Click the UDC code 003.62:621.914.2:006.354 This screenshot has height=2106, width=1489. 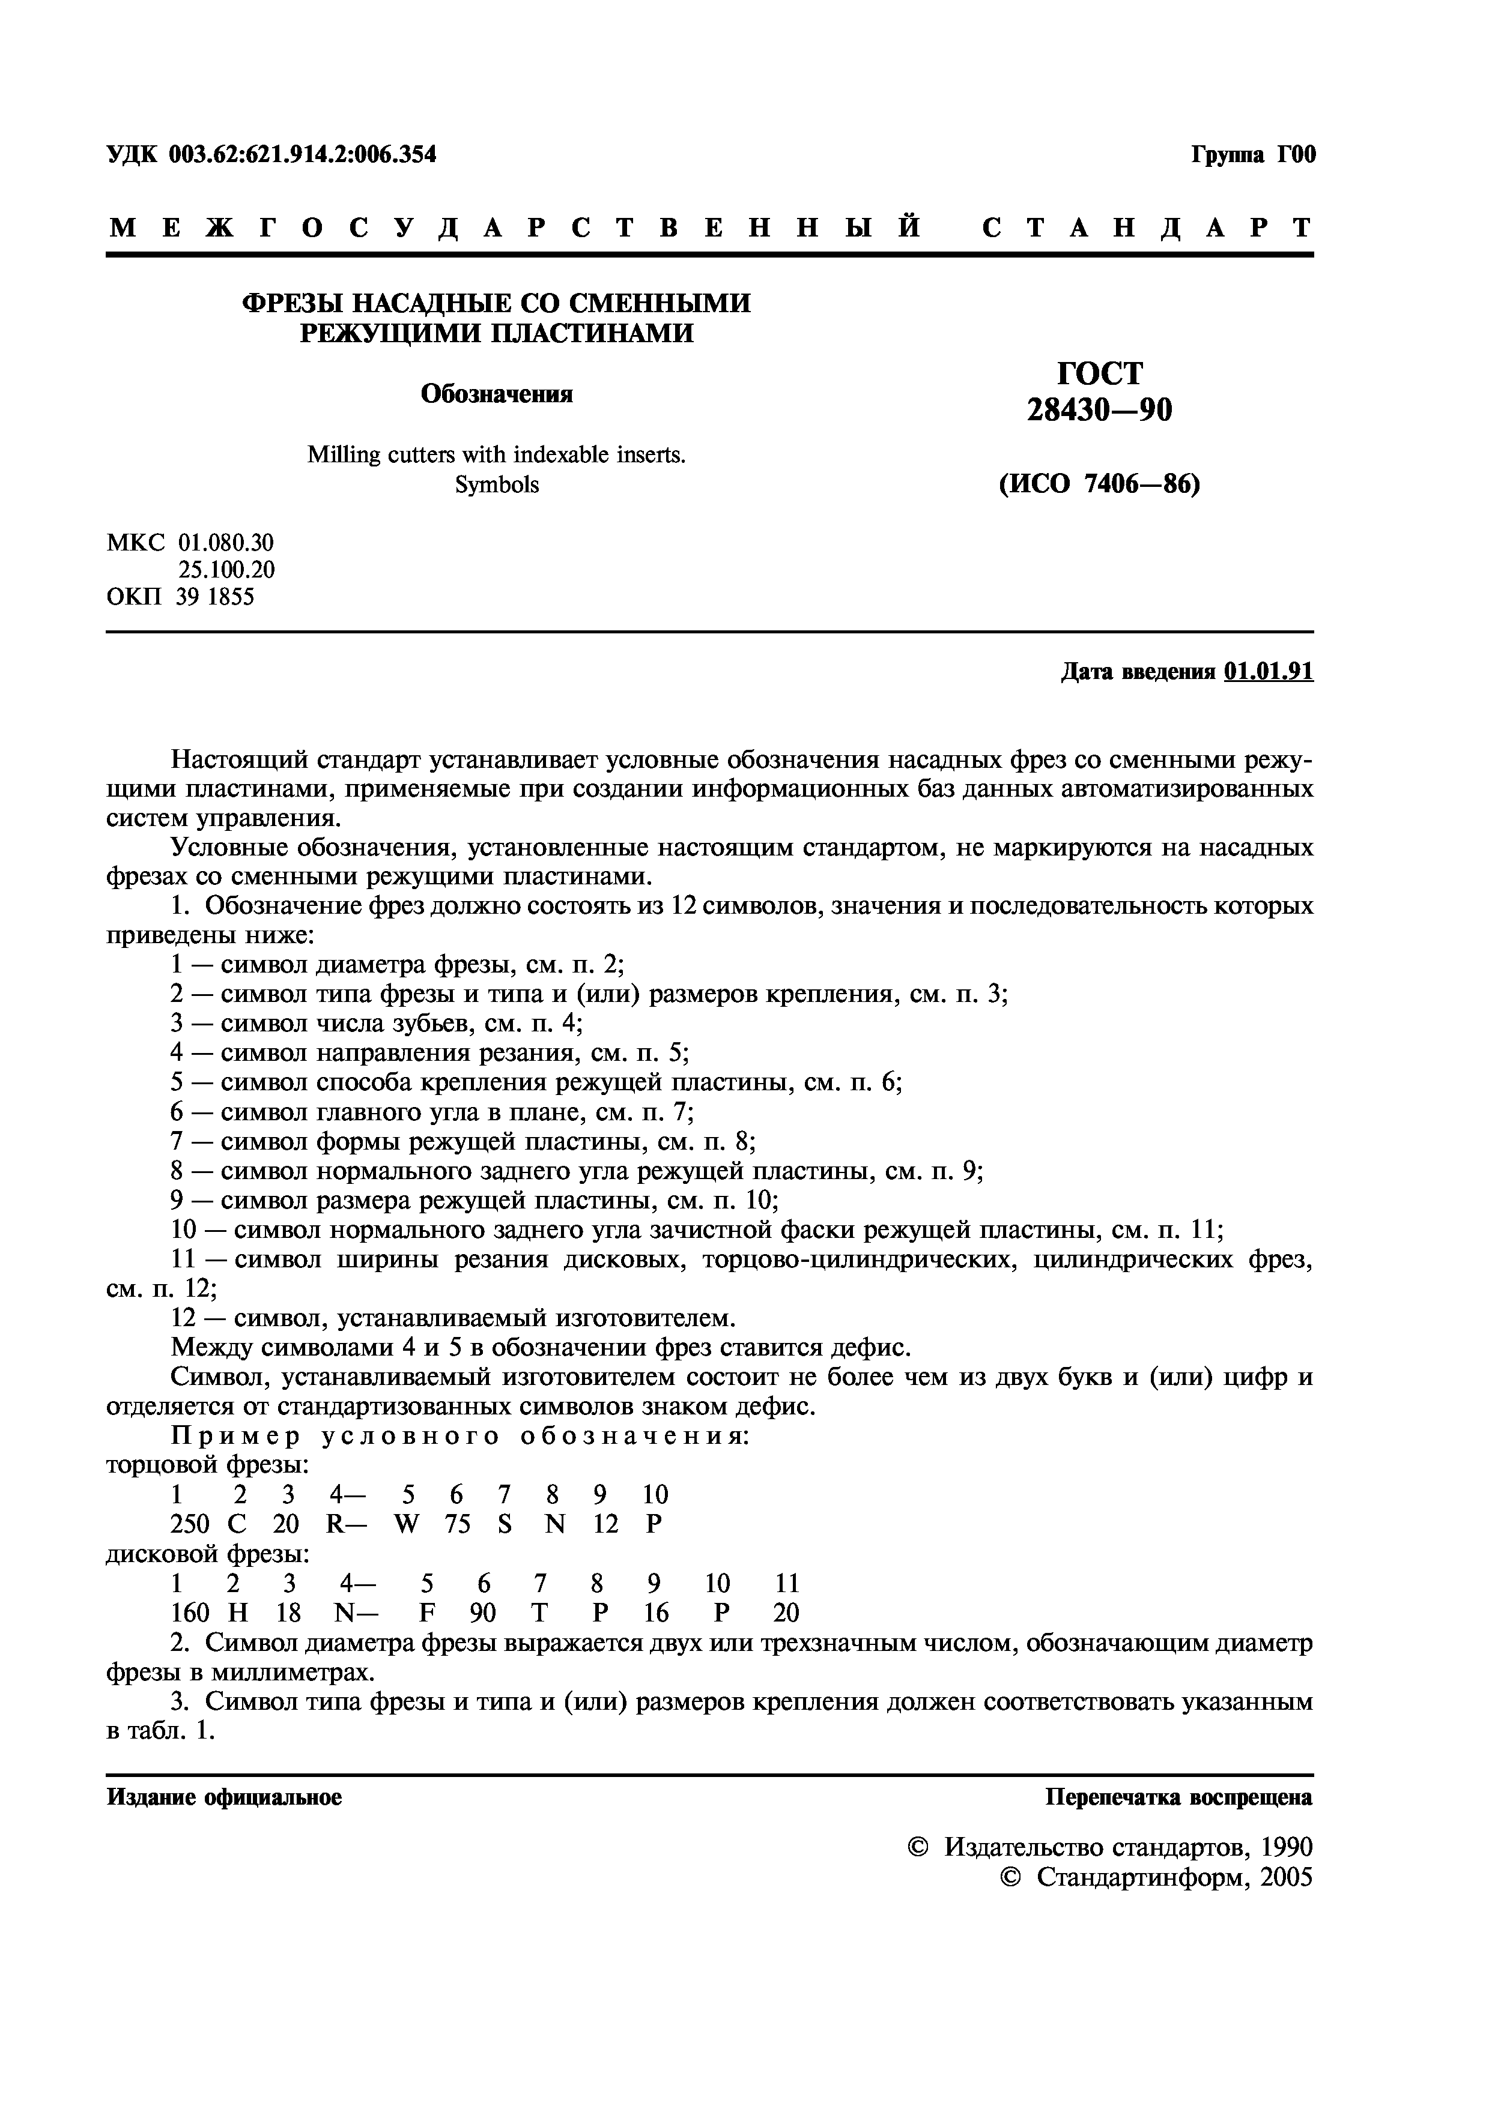click(x=302, y=155)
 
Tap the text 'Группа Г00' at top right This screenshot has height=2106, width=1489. click(x=1253, y=155)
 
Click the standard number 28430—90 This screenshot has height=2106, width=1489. click(x=1099, y=411)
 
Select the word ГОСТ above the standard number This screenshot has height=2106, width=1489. click(x=1100, y=373)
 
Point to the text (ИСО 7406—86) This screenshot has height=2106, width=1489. click(x=1099, y=483)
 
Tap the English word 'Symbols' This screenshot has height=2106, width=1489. click(x=496, y=484)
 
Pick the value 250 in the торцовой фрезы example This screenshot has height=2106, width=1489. click(x=190, y=1524)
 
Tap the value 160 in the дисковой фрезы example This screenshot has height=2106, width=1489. click(x=190, y=1611)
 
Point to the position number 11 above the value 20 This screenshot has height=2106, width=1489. click(x=786, y=1583)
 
